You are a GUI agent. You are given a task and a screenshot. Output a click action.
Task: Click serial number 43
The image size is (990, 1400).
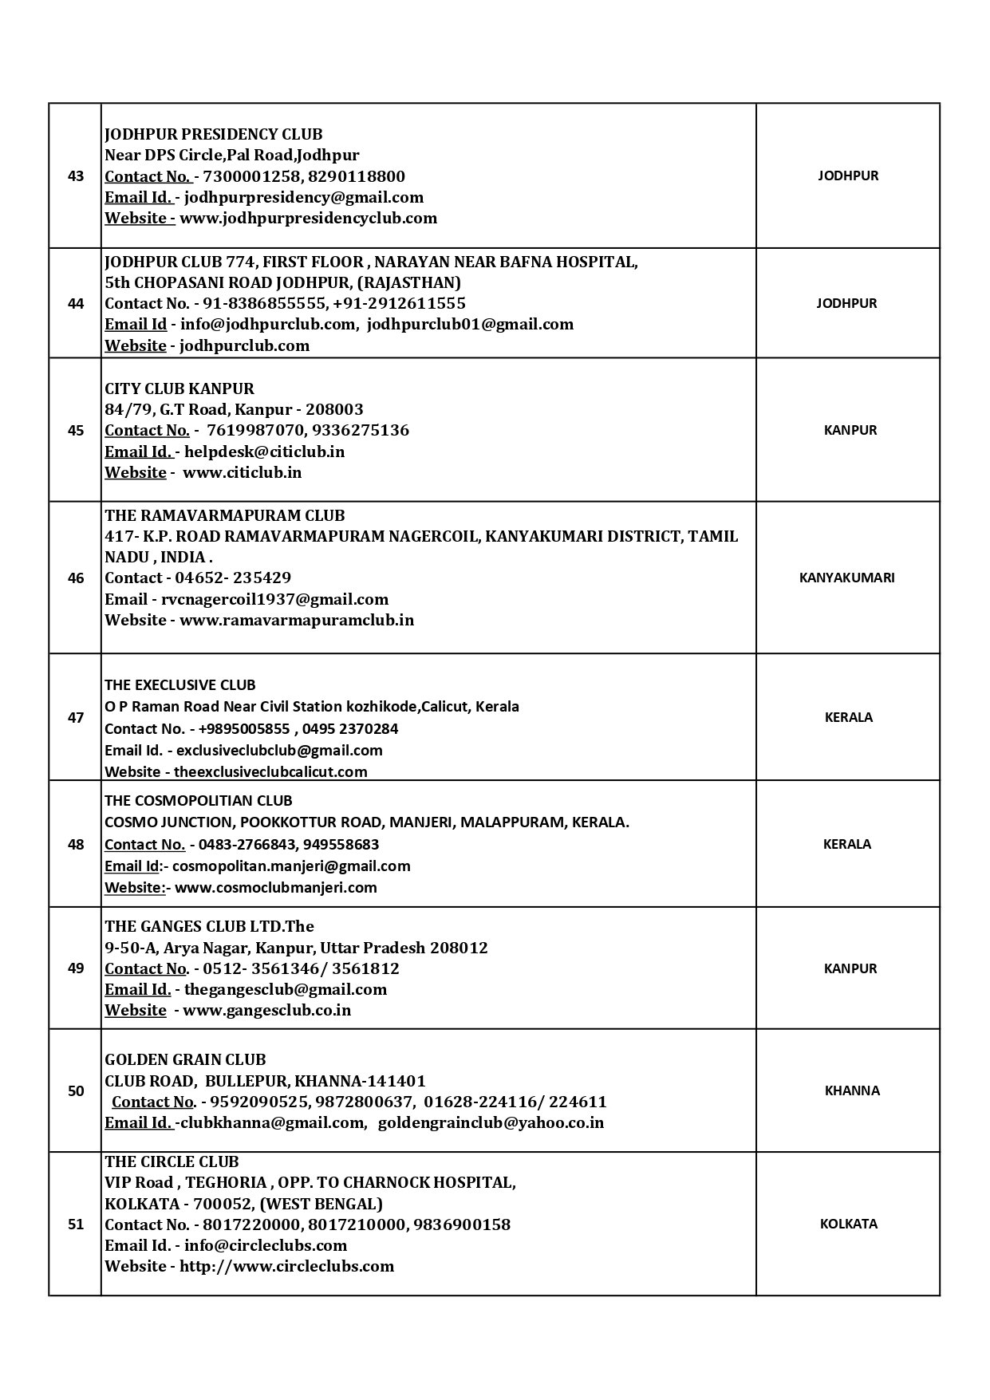pos(76,176)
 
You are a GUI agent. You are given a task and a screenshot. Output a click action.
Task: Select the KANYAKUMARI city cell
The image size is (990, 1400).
pos(846,578)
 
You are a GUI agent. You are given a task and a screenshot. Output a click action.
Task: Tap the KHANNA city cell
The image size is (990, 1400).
pos(852,1090)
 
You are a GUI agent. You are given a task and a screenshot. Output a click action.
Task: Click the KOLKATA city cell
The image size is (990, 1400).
pos(848,1224)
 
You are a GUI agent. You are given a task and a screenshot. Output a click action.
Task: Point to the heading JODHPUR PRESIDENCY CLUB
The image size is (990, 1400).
pos(214,134)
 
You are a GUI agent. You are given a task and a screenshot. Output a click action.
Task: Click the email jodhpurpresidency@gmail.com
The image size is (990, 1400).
pos(304,197)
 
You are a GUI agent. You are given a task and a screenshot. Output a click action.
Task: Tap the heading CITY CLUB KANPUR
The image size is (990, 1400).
pos(179,388)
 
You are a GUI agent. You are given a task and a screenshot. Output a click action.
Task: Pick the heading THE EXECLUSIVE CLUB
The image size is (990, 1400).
pos(180,684)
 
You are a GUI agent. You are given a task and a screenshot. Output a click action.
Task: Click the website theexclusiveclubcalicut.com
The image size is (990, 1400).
pos(270,771)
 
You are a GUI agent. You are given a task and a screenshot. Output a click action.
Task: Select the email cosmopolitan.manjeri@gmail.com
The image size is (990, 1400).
pos(291,866)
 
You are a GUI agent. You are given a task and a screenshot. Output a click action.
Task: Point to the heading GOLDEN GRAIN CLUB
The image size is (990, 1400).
pos(185,1059)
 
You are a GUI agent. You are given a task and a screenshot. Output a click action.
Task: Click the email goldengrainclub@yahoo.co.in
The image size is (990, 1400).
pos(491,1122)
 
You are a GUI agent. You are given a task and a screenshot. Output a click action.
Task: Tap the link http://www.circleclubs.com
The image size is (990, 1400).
pos(286,1266)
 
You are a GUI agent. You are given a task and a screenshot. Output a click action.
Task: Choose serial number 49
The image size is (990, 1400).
pos(76,968)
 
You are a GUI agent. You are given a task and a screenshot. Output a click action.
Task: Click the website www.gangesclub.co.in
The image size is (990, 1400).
pos(267,1010)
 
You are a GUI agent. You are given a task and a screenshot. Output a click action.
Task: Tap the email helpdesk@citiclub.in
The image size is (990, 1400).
pos(265,452)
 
